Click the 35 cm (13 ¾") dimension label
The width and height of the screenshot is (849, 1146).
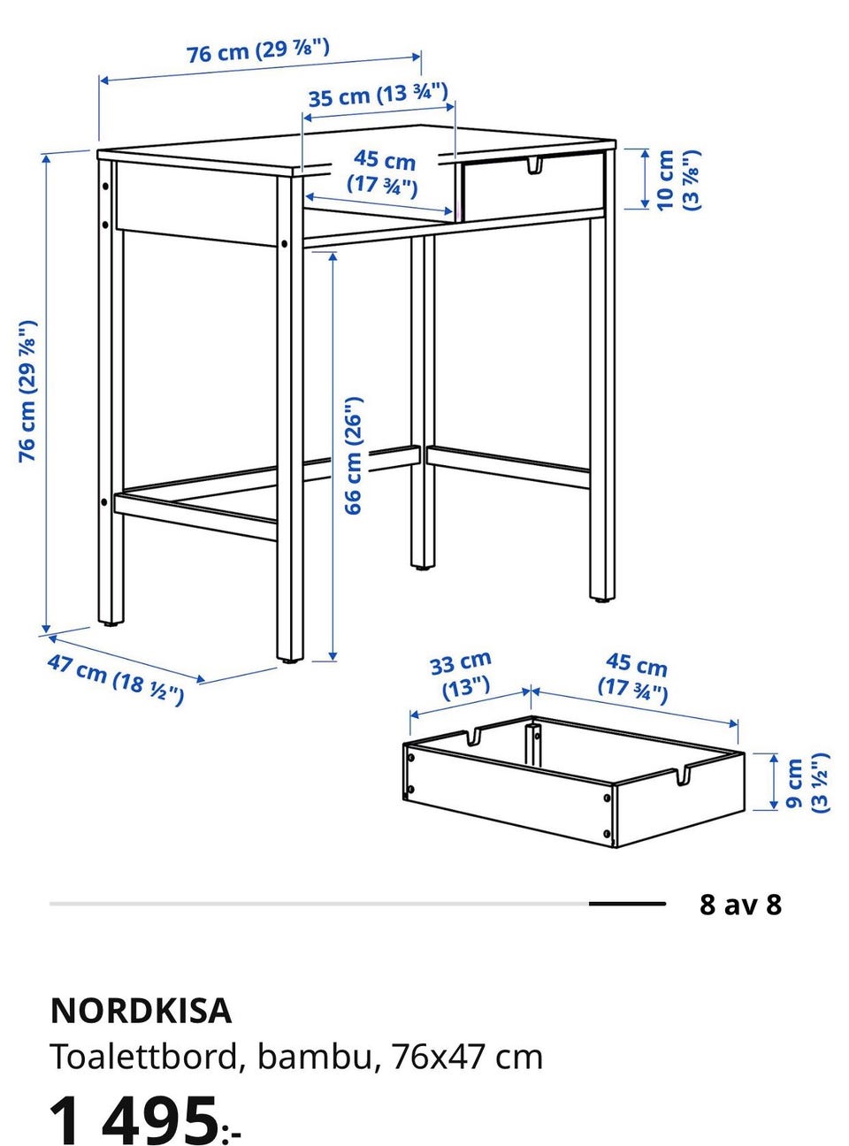378,95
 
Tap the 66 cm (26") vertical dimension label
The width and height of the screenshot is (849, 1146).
354,455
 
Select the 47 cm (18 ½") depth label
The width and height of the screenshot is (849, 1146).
116,679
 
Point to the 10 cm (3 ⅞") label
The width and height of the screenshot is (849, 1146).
679,180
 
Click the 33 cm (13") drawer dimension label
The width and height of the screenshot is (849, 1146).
461,676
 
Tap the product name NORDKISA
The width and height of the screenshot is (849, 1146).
141,1010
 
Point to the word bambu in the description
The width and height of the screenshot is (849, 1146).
315,1056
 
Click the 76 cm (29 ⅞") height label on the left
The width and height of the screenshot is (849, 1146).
27,391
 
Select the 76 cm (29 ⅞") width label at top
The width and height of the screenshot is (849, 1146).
258,50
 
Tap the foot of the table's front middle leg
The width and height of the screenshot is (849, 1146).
290,659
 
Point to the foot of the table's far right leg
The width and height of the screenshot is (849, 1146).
602,599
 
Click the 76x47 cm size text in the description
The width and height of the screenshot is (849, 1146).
468,1056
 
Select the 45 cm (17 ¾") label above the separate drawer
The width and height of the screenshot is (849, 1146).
634,678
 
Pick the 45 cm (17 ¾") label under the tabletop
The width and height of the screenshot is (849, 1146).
383,173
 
